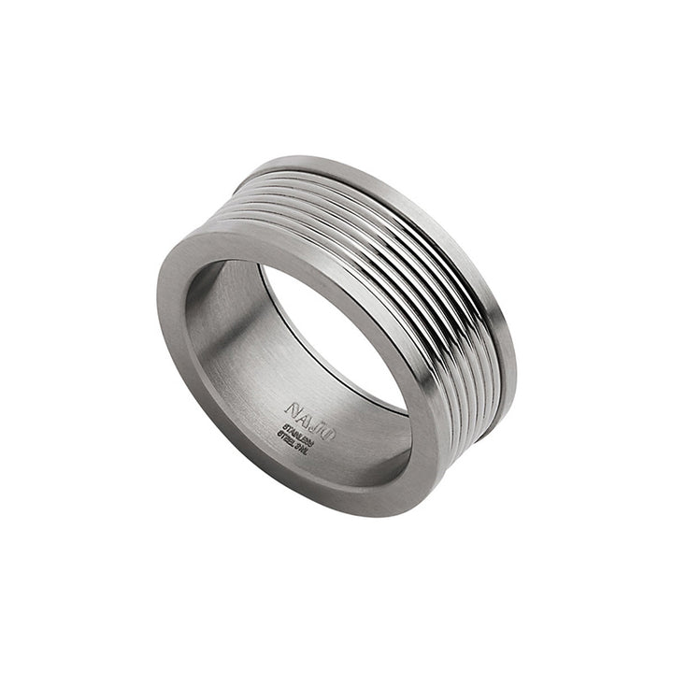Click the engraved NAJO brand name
pos(308,412)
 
